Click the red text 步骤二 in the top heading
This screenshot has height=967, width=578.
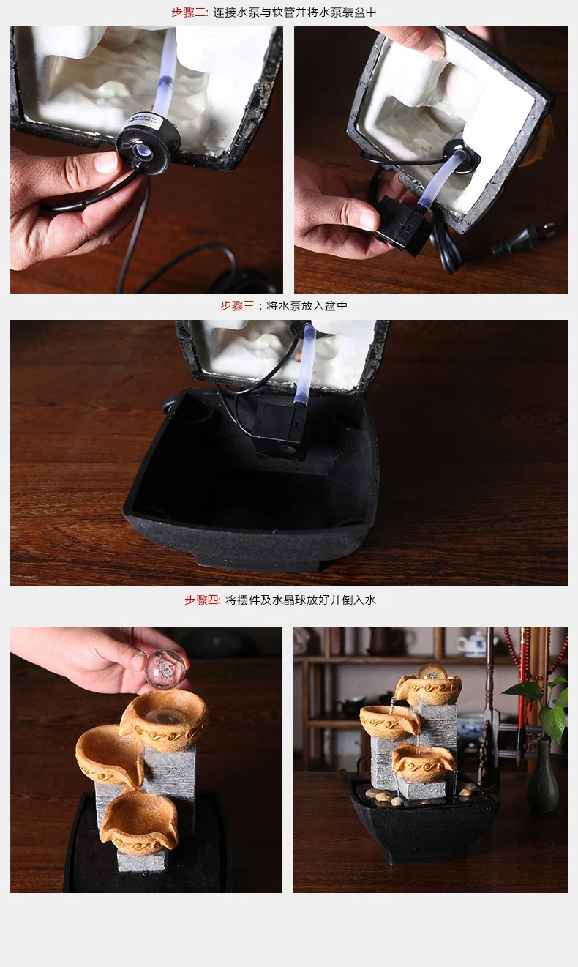tap(189, 12)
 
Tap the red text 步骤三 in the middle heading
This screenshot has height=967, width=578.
tap(237, 306)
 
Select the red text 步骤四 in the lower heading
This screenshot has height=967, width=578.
tap(202, 600)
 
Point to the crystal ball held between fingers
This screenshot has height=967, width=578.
tap(165, 668)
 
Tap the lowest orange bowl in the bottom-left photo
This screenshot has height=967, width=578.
tap(139, 824)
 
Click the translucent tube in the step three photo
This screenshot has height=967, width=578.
tap(304, 362)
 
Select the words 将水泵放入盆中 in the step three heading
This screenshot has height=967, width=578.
tap(307, 306)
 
